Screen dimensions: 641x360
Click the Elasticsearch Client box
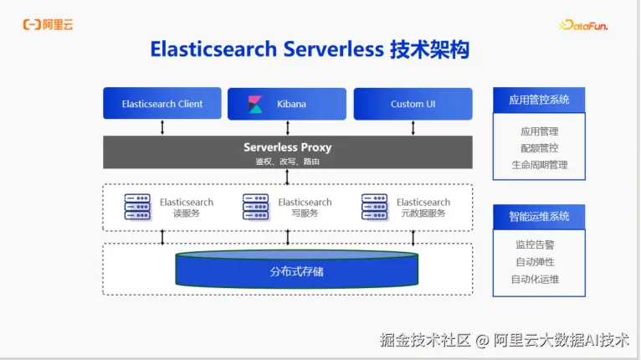pyautogui.click(x=162, y=103)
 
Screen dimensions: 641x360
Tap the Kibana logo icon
pyautogui.click(x=255, y=104)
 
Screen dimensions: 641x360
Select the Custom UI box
pyautogui.click(x=413, y=104)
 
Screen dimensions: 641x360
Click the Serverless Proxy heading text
pyautogui.click(x=287, y=147)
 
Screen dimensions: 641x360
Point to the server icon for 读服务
pyautogui.click(x=137, y=207)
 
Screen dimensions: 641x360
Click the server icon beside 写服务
pyautogui.click(x=255, y=207)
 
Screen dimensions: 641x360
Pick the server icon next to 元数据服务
pyautogui.click(x=374, y=207)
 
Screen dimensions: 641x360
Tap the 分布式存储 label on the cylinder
pyautogui.click(x=297, y=271)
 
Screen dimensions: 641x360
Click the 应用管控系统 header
pyautogui.click(x=539, y=100)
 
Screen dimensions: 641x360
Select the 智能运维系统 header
pyautogui.click(x=539, y=216)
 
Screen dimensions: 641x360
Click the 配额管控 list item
pyautogui.click(x=539, y=148)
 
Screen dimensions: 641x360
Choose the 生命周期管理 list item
pyautogui.click(x=540, y=165)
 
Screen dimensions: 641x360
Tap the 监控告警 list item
pyautogui.click(x=535, y=244)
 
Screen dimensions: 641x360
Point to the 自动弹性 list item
pyautogui.click(x=535, y=262)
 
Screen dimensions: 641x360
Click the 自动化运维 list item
pyautogui.click(x=535, y=280)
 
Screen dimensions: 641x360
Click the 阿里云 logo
pyautogui.click(x=49, y=24)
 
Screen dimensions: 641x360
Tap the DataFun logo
pyautogui.click(x=583, y=25)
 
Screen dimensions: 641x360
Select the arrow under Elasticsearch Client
pyautogui.click(x=162, y=127)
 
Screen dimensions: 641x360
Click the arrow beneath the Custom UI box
pyautogui.click(x=413, y=127)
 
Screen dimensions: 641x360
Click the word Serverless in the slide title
pyautogui.click(x=334, y=49)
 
